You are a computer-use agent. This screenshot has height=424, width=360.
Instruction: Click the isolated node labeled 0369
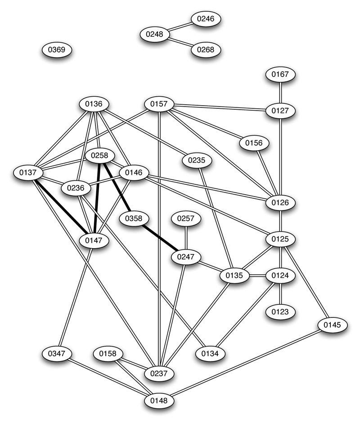click(57, 50)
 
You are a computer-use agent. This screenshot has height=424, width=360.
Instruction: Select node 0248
click(154, 34)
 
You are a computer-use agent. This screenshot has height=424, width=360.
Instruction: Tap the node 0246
click(206, 19)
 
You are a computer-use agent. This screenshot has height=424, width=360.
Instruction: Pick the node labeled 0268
click(206, 49)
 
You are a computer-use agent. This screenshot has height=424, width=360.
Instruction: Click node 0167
click(280, 74)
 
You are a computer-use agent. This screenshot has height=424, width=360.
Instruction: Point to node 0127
click(280, 110)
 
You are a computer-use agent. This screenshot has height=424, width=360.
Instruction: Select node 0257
click(185, 219)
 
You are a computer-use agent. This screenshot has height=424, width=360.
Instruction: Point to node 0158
click(108, 354)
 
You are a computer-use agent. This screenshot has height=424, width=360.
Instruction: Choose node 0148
click(159, 399)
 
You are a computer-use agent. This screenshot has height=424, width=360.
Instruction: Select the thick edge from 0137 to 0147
click(61, 206)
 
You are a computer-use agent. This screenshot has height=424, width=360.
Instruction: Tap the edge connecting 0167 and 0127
click(280, 92)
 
